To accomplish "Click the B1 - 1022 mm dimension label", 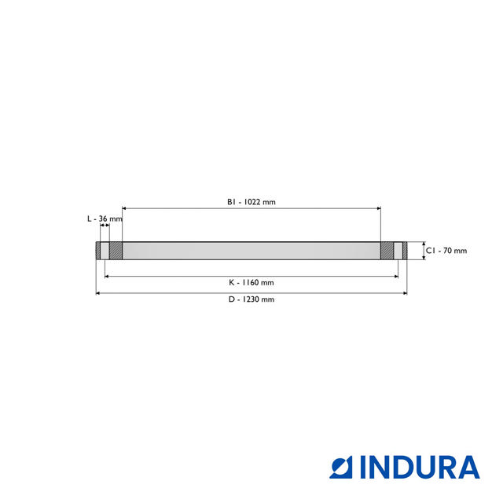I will (x=251, y=202).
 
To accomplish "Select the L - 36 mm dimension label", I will (x=105, y=218).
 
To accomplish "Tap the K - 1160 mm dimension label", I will (x=251, y=282).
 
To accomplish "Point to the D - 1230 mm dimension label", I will (x=251, y=299).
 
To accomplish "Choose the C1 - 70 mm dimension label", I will (x=446, y=251).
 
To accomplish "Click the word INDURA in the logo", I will (x=420, y=467).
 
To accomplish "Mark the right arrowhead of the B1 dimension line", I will (x=378, y=208).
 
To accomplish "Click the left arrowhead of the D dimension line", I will (x=99, y=293).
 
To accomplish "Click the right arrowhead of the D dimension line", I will (x=405, y=293).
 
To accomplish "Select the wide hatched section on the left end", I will (x=116, y=251).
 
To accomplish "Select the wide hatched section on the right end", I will (x=387, y=251).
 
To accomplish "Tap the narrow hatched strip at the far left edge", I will (x=98, y=251).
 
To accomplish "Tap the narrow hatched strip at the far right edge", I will (x=405, y=251).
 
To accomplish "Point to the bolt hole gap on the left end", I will (x=105, y=251).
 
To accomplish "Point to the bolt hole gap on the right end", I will (x=398, y=251).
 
